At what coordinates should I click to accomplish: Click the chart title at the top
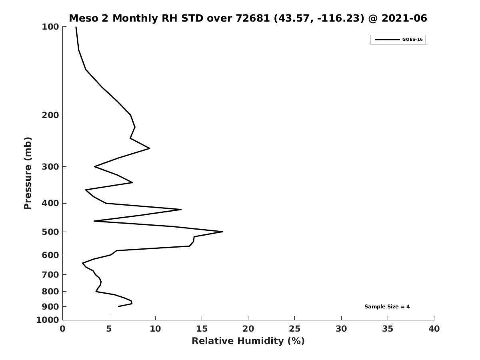[x=248, y=18]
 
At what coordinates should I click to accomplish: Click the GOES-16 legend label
[x=412, y=40]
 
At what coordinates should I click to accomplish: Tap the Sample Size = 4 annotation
[x=387, y=307]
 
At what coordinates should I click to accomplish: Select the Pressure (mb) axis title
[x=28, y=173]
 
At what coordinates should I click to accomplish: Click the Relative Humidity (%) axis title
[x=248, y=341]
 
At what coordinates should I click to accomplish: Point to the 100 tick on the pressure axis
[x=50, y=27]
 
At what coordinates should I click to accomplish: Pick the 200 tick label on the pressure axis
[x=50, y=115]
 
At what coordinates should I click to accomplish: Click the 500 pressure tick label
[x=50, y=232]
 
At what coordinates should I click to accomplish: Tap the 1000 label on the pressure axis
[x=48, y=320]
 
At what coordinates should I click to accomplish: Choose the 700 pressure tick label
[x=50, y=275]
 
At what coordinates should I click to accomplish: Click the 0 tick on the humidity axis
[x=63, y=329]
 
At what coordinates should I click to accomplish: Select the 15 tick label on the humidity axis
[x=202, y=329]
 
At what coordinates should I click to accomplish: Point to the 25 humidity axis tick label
[x=295, y=329]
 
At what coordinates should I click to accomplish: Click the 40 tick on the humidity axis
[x=434, y=329]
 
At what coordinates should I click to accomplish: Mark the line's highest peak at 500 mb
[x=222, y=232]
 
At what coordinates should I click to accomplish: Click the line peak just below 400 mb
[x=181, y=209]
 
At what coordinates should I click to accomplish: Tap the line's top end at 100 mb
[x=76, y=27]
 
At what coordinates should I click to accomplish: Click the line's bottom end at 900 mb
[x=118, y=306]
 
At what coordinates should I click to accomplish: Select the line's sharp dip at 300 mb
[x=94, y=166]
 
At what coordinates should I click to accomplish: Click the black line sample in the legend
[x=387, y=40]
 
